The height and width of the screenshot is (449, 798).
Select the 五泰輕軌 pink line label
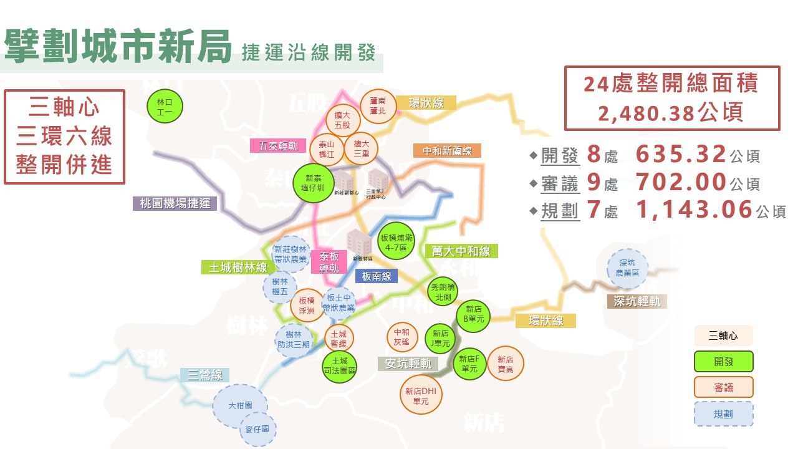pos(278,145)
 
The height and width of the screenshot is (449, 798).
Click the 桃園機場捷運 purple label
pos(175,203)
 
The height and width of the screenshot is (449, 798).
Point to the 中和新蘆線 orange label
pos(447,151)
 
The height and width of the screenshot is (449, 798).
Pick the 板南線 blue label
pos(377,276)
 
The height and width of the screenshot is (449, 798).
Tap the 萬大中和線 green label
pos(461,251)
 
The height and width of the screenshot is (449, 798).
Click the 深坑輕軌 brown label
pos(637,301)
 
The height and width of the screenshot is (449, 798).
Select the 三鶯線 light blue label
pos(205,375)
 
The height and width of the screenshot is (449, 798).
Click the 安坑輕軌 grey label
pos(408,363)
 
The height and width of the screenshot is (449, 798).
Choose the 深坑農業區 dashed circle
pos(627,268)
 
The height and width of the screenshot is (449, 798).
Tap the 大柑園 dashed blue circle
pos(240,405)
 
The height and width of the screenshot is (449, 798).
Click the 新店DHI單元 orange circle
pos(421,395)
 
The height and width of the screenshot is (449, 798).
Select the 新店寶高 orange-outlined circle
pos(505,364)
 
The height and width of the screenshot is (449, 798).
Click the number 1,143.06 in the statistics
pos(695,210)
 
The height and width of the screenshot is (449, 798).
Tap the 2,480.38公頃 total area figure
pos(671,112)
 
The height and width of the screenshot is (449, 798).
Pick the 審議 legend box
pos(723,387)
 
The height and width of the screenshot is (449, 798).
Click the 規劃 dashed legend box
pos(723,413)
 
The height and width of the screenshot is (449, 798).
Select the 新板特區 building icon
pos(360,244)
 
